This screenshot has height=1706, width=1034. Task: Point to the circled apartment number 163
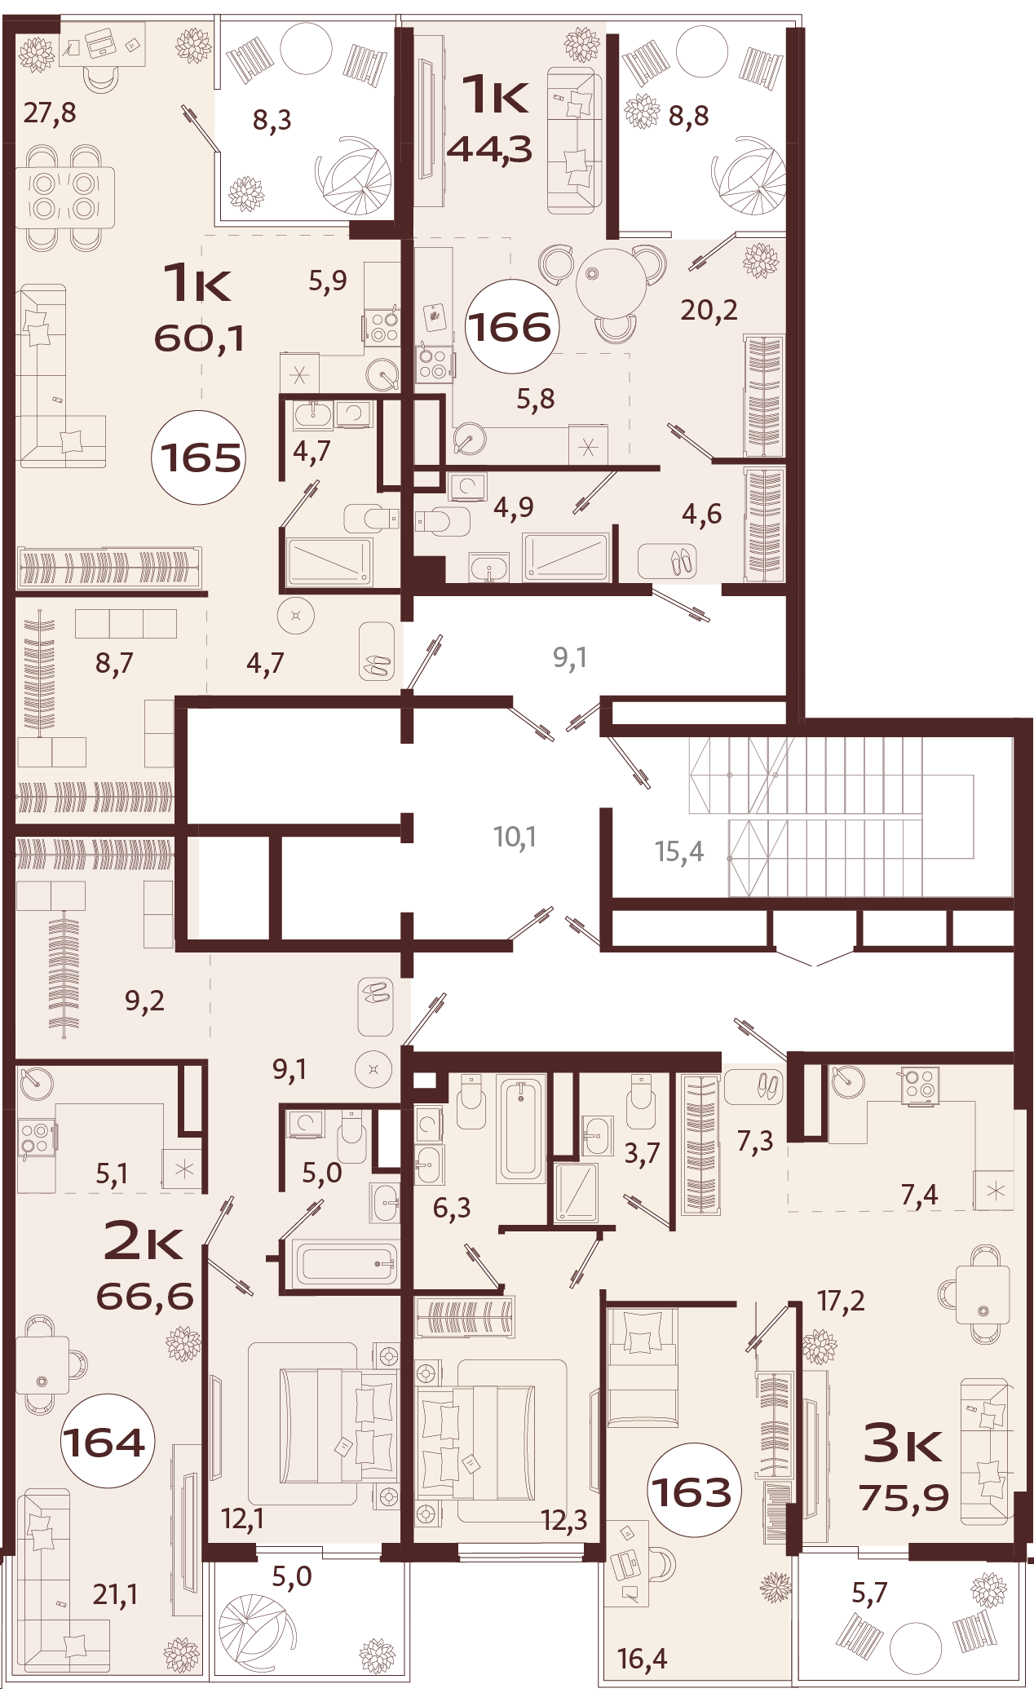click(695, 1492)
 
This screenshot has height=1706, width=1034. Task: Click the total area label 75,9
click(904, 1497)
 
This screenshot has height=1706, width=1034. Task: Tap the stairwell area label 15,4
click(678, 851)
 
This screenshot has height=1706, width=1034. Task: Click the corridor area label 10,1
click(515, 837)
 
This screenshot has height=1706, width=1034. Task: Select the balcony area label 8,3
click(272, 121)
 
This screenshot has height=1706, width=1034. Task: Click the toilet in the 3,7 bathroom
click(641, 1101)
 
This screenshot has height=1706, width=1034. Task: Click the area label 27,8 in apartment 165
click(50, 112)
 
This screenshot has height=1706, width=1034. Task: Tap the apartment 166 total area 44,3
click(490, 149)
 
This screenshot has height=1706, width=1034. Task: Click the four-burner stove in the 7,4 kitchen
click(919, 1085)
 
